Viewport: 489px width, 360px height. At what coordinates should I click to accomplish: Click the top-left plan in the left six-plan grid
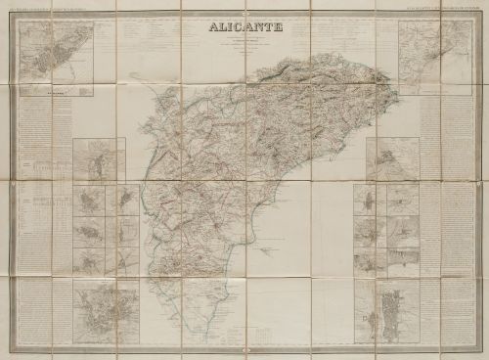pyautogui.click(x=88, y=201)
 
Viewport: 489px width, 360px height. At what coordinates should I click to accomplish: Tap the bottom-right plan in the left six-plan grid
pyautogui.click(x=127, y=260)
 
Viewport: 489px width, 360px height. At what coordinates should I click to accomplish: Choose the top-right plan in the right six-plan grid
pyautogui.click(x=402, y=200)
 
